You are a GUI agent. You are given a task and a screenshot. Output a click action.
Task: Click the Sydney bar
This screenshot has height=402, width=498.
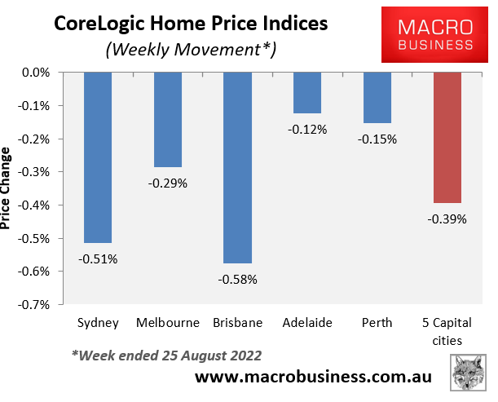tap(98, 157)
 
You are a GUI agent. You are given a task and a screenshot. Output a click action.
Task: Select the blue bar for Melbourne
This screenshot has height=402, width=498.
tap(168, 119)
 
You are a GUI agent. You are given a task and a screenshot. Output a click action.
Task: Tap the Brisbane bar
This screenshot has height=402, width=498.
tap(237, 167)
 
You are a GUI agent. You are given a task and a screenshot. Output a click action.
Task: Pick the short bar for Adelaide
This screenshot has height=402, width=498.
tap(307, 92)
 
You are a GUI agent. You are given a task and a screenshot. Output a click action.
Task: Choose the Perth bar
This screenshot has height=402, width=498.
tap(377, 97)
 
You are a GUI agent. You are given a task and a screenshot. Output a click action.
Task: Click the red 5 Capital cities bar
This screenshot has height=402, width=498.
tap(447, 137)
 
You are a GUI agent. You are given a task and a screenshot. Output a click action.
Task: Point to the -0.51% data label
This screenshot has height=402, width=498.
tap(98, 259)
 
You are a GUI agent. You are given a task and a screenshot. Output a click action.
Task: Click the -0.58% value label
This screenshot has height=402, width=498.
tap(237, 280)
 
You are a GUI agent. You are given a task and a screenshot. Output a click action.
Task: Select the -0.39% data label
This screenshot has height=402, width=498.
tap(447, 219)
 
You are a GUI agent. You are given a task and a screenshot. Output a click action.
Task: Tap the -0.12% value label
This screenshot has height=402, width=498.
tap(307, 129)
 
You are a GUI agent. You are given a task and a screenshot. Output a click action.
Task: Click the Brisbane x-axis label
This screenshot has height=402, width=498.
tap(237, 323)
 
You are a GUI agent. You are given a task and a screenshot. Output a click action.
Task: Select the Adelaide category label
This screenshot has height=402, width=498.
tap(307, 323)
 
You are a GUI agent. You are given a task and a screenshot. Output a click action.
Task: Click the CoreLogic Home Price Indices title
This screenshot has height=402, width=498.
tap(191, 23)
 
